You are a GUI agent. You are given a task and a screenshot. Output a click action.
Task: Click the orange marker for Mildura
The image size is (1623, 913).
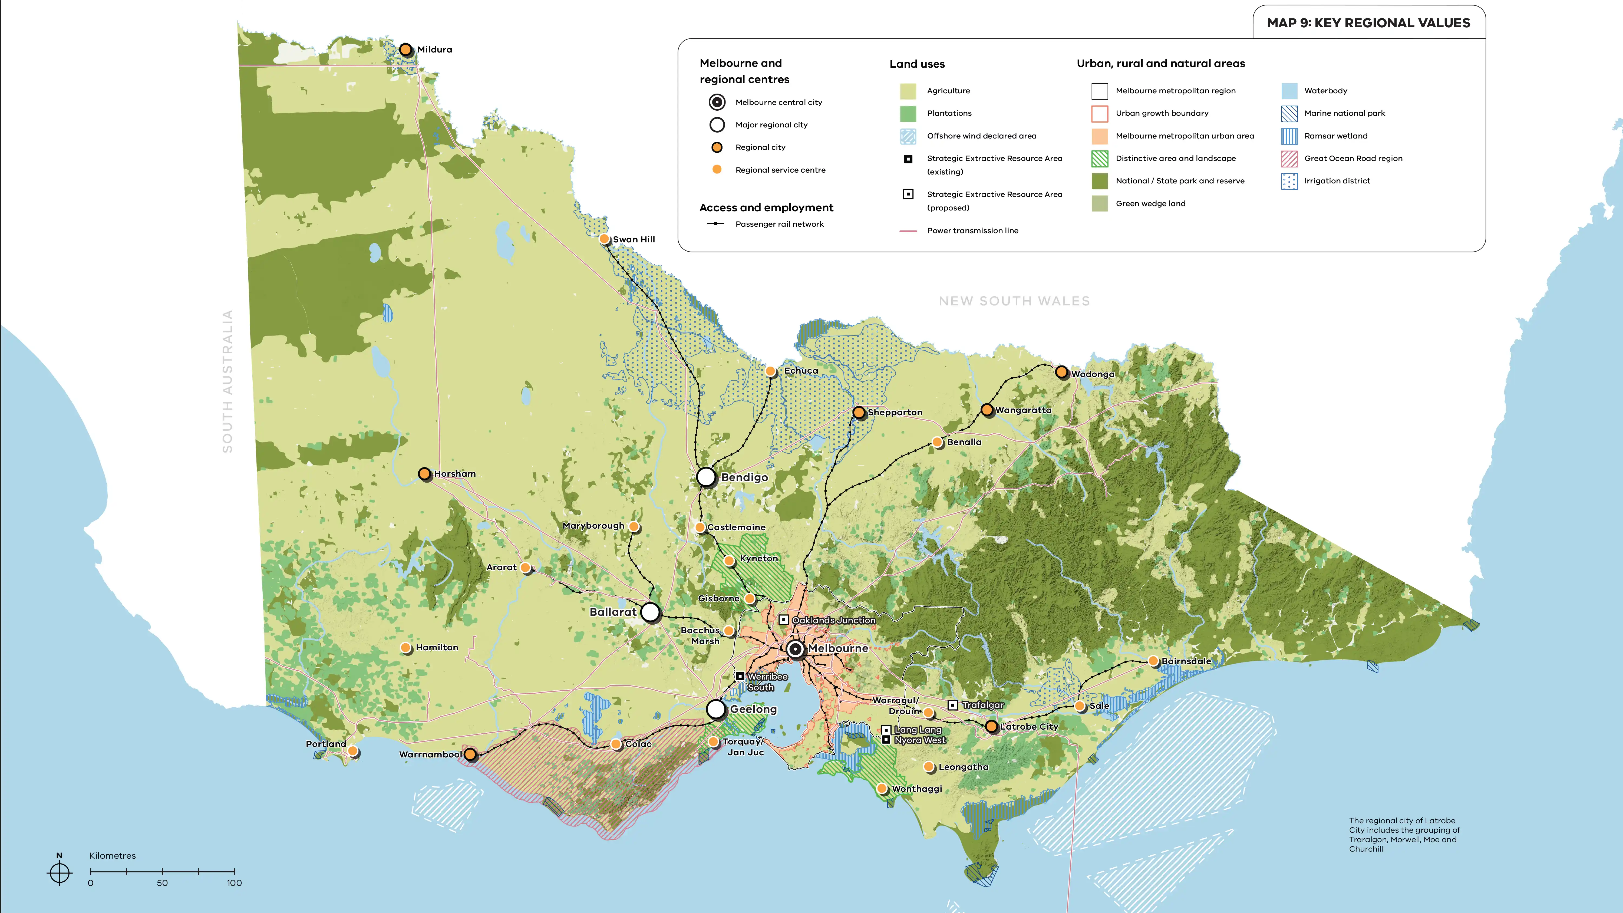coord(406,49)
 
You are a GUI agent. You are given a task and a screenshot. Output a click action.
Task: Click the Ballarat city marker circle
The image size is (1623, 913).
coord(650,612)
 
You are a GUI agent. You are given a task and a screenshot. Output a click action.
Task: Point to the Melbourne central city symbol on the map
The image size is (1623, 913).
coord(795,649)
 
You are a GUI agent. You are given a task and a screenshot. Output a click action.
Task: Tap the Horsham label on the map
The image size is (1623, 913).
coord(455,474)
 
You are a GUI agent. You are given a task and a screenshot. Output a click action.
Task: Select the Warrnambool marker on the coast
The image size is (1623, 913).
coord(470,754)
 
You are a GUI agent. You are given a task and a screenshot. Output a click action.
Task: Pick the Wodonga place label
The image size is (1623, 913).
coord(1093,374)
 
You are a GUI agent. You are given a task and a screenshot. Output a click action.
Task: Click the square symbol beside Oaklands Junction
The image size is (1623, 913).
coord(784,620)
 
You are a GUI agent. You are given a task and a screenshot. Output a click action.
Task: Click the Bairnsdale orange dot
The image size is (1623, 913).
coord(1153,661)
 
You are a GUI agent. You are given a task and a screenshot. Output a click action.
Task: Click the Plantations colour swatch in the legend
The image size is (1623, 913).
coord(908,113)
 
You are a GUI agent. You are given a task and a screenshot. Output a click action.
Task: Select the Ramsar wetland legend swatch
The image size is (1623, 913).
coord(1289,136)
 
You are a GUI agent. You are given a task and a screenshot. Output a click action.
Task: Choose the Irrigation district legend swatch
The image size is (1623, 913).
coord(1289,182)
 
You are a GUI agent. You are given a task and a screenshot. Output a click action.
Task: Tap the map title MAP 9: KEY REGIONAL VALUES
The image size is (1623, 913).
coord(1368,23)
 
